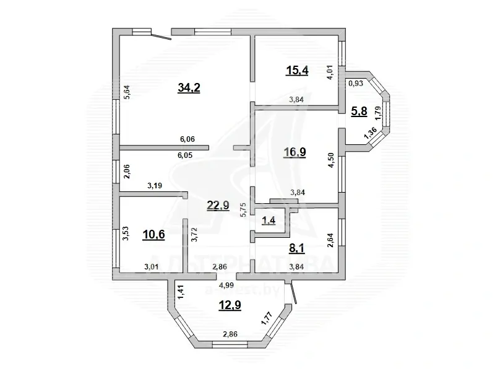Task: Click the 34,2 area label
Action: click(189, 88)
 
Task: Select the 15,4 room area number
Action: click(296, 70)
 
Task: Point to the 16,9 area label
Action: click(295, 152)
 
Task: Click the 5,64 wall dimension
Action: click(126, 92)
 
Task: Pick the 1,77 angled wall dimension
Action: click(265, 318)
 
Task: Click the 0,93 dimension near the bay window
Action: click(356, 82)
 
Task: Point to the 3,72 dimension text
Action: click(195, 234)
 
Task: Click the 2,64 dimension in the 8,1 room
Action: click(331, 238)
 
